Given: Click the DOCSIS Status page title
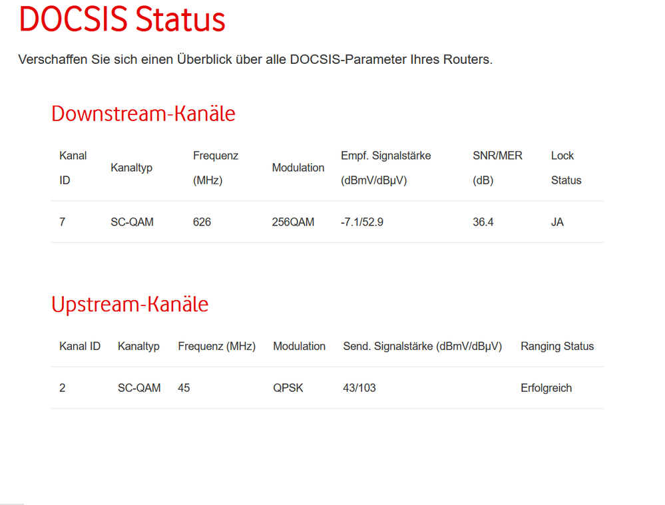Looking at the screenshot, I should (122, 20).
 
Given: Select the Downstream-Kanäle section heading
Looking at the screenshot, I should (143, 114).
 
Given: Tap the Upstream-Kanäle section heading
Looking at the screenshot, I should (130, 304).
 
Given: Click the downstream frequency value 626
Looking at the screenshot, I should (202, 222).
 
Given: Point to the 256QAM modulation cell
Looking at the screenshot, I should (293, 222).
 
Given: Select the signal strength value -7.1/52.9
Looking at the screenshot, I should (361, 222).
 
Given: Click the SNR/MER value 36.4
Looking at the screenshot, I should (483, 222).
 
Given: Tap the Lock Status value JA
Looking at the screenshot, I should (557, 222).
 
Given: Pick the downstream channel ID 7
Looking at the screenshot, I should (63, 222).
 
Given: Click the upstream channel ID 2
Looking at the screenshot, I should (63, 388).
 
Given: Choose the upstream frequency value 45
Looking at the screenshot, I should (184, 388).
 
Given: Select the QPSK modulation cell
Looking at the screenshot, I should (288, 388).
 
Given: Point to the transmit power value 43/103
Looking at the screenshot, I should (359, 388).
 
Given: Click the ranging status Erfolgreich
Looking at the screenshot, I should (546, 388).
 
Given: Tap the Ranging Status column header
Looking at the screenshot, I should (557, 346).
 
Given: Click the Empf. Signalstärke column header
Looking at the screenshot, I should (386, 156).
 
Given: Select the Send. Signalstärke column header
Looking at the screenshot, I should (422, 346).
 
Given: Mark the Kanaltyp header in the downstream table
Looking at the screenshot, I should (131, 168).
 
